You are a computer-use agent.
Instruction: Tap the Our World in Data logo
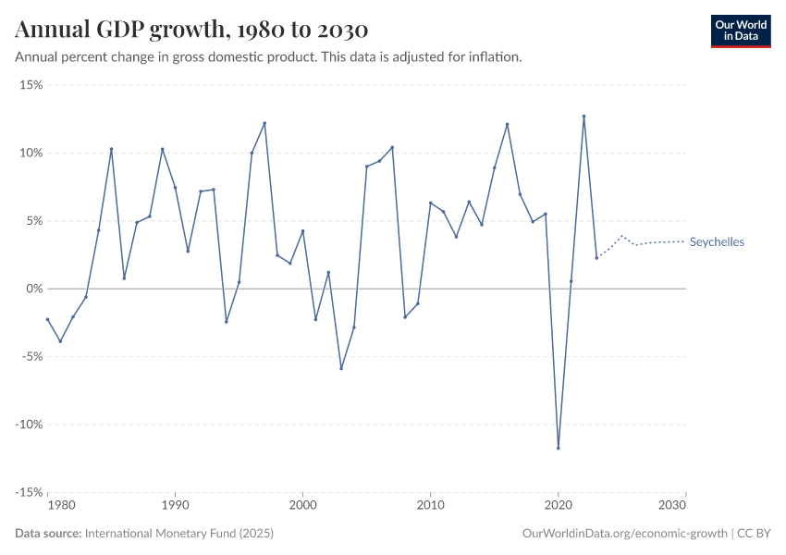740,31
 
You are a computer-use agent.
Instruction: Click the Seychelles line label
717,242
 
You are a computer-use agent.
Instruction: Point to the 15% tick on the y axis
31,85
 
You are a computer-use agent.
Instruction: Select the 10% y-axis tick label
31,153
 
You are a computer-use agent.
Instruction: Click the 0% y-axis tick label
34,289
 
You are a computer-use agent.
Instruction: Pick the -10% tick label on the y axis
29,425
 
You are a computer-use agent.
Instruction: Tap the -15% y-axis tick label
29,492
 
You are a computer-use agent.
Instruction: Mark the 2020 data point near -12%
559,448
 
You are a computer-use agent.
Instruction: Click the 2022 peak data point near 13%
583,117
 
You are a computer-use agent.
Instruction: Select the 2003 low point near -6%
341,368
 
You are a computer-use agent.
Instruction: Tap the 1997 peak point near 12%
264,123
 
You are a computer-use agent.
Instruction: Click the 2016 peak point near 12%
507,124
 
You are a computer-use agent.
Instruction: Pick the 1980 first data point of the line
47,319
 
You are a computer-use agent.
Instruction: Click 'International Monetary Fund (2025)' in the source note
179,534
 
